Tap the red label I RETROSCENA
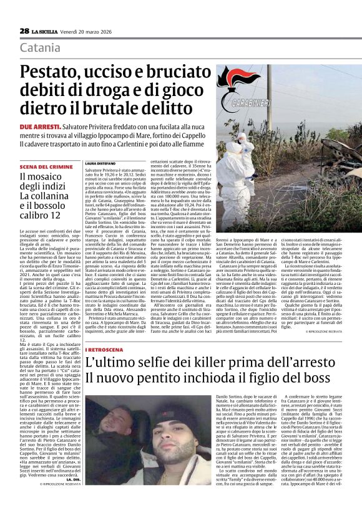click(102, 348)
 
